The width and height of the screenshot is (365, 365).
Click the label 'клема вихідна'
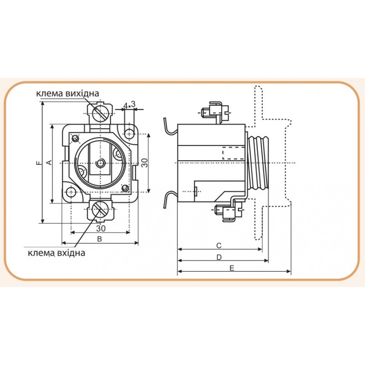click(x=68, y=94)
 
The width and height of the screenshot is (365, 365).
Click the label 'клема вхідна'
click(x=57, y=253)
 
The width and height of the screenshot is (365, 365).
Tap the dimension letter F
click(x=39, y=163)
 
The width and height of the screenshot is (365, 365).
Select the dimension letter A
click(x=49, y=162)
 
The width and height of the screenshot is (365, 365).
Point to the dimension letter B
click(x=99, y=239)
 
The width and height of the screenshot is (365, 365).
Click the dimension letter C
click(x=219, y=245)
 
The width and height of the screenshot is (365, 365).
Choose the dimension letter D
click(x=219, y=257)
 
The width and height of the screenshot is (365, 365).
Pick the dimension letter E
click(x=232, y=268)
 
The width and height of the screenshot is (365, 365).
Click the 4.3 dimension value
click(x=129, y=105)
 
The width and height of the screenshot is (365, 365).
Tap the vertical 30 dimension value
click(x=145, y=163)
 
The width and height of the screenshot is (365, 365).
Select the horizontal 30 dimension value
click(x=101, y=229)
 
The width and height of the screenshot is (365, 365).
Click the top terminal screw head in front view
click(x=100, y=113)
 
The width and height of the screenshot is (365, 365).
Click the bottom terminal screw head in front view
click(x=100, y=209)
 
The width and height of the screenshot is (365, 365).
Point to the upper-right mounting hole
click(x=129, y=134)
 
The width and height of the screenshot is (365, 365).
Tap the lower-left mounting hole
click(x=71, y=192)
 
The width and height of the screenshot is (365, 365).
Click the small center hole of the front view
click(x=100, y=163)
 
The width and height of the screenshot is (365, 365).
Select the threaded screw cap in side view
click(x=258, y=163)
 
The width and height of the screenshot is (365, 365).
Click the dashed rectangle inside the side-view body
click(x=234, y=153)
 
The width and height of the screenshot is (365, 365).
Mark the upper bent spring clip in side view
click(x=170, y=127)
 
